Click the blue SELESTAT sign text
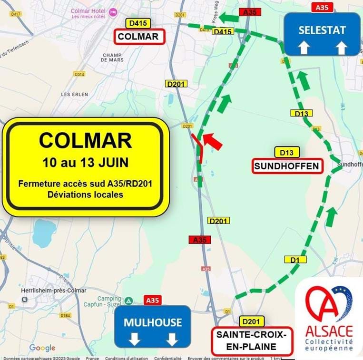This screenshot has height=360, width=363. (322, 30)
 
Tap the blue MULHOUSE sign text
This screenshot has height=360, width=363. (153, 322)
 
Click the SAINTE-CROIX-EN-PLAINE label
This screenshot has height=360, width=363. (252, 341)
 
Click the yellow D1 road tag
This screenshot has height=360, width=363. (295, 260)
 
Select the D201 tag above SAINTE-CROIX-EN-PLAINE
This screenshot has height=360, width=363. (252, 321)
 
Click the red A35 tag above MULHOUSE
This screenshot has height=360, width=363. (153, 300)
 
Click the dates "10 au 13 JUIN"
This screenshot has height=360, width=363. (86, 162)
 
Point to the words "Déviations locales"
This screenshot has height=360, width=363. (86, 195)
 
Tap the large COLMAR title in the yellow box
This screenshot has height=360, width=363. (86, 140)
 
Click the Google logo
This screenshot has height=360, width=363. (42, 348)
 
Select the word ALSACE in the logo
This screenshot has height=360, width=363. (329, 331)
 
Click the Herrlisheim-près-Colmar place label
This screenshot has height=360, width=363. (54, 291)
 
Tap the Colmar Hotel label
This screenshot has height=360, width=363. (88, 11)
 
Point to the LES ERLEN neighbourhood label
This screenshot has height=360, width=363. (75, 95)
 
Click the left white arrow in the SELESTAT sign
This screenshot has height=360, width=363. (304, 48)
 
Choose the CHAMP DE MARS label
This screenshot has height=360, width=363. (113, 58)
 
